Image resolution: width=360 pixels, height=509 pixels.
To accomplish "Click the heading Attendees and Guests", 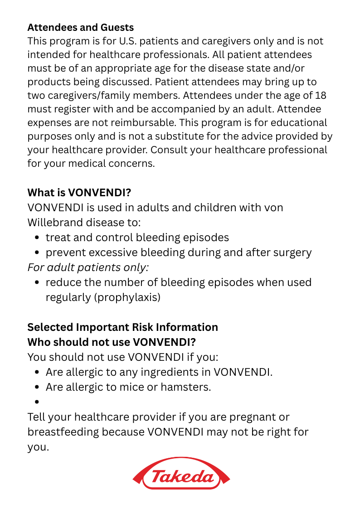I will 80,28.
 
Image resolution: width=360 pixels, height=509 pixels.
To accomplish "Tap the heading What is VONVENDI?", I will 79,193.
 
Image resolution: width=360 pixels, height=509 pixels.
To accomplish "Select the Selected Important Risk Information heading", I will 122,327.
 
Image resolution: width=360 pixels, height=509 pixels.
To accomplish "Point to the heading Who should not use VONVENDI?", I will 112,342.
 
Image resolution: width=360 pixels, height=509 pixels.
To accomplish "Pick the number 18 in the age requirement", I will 320,96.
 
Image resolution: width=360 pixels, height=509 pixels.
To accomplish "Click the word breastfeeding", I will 63,431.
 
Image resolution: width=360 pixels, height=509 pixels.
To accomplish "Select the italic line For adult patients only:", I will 88,267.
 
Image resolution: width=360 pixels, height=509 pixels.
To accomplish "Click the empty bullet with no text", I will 37,402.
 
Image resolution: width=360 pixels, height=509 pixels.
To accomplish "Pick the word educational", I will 297,123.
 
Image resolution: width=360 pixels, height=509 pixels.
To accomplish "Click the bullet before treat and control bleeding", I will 37,238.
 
